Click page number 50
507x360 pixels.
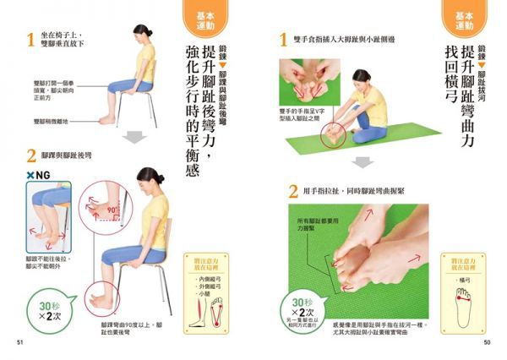coord(487,342)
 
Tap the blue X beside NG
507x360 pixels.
coord(30,175)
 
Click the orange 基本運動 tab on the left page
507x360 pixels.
coord(198,19)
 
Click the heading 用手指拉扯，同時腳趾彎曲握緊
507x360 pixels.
coord(356,191)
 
